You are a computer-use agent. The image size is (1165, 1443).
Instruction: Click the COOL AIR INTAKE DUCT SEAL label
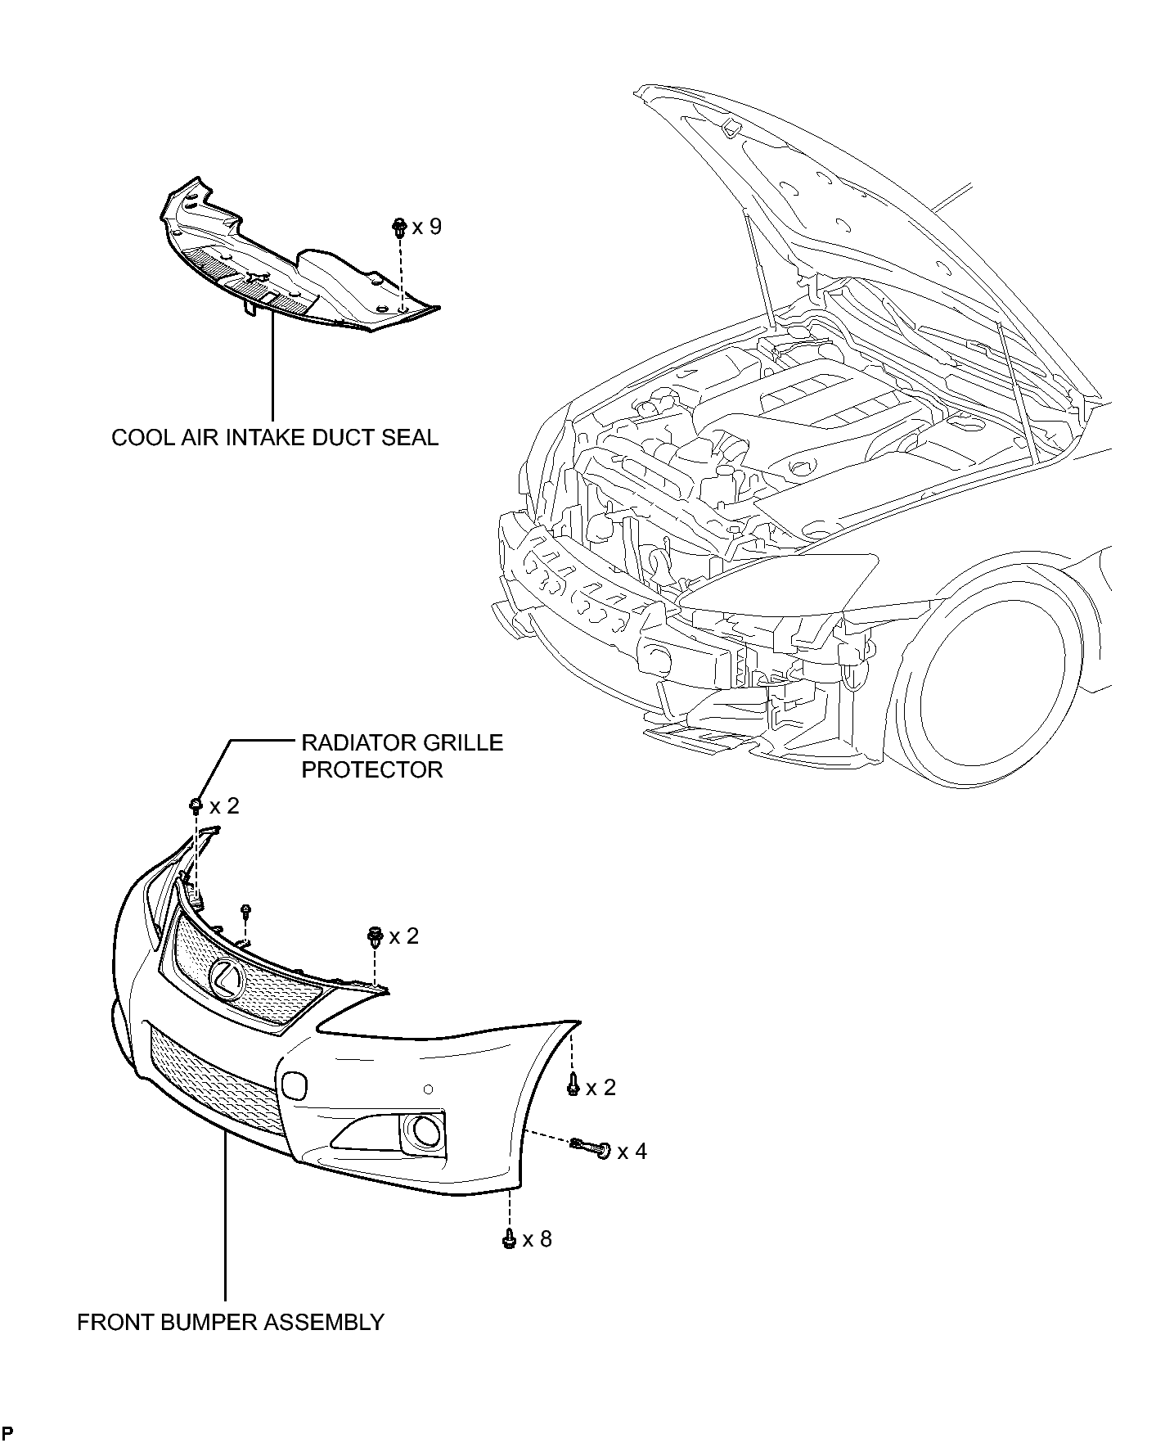(x=275, y=437)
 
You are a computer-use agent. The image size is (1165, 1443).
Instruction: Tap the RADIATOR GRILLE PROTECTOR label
(x=403, y=756)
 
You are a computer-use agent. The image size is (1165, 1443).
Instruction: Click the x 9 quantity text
(x=427, y=226)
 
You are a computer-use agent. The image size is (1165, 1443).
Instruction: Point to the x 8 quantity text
(x=537, y=1239)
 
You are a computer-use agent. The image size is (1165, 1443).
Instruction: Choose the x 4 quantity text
(x=632, y=1152)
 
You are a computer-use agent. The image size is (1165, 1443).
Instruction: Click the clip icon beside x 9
(x=400, y=228)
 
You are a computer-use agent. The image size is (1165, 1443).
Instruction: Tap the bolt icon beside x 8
(x=508, y=1239)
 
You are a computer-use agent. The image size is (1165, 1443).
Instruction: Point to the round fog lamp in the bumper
(x=425, y=1132)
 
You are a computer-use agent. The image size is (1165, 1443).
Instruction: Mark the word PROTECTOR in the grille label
(x=372, y=770)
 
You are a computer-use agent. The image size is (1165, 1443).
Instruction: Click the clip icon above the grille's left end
(x=196, y=806)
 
